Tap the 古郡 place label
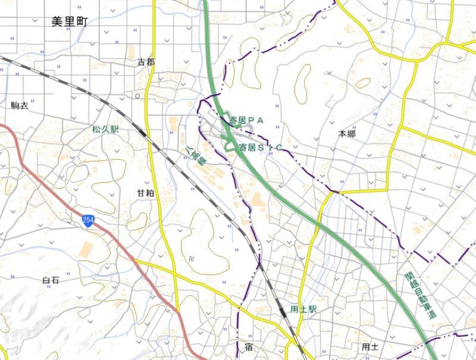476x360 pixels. point(146,62)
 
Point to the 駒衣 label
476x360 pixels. point(20,106)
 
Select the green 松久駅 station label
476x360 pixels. point(105,129)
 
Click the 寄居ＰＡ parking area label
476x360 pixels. point(246,120)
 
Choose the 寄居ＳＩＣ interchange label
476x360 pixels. point(259,147)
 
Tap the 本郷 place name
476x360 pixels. point(347,134)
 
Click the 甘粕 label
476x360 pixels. point(146,193)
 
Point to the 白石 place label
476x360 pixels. point(51,280)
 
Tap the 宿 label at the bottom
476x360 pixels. point(249,346)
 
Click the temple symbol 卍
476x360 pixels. point(190,258)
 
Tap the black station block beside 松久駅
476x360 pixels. point(142,132)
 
